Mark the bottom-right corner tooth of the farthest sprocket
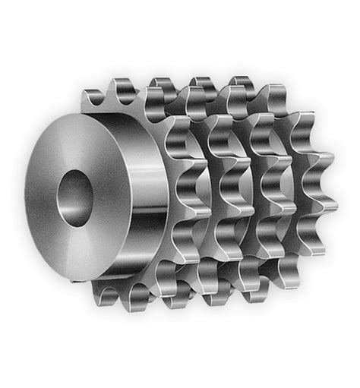coord(311,247)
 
